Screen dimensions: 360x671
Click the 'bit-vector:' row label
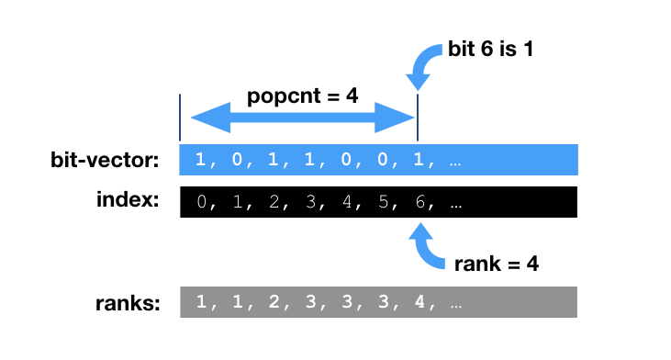pos(105,161)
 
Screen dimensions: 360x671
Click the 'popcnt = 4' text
pos(302,96)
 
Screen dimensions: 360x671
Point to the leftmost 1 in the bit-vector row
pos(201,161)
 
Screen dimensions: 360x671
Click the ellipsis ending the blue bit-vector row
pos(454,161)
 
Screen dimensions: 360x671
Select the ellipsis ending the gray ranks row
pos(454,302)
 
